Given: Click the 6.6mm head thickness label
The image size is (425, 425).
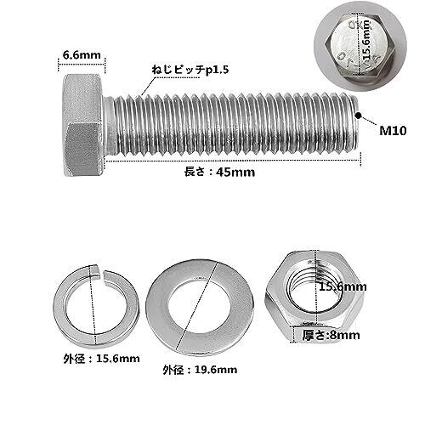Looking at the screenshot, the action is click(82, 54).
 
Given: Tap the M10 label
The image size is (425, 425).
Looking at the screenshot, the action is click(393, 131).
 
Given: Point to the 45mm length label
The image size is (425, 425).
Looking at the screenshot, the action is click(219, 172).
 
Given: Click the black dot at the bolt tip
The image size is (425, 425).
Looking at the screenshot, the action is click(359, 116).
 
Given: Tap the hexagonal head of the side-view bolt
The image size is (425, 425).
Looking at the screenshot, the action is click(82, 125).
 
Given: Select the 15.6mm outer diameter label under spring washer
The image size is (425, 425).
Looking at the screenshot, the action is click(101, 359).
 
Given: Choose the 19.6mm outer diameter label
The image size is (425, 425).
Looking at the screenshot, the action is click(200, 370).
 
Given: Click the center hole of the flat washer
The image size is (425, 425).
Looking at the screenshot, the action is click(199, 307).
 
